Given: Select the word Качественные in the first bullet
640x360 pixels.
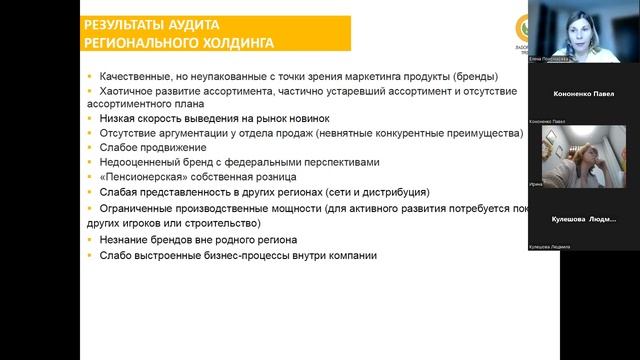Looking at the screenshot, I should coord(134,77).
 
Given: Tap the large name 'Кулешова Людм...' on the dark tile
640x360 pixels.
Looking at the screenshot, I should coord(584,218).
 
